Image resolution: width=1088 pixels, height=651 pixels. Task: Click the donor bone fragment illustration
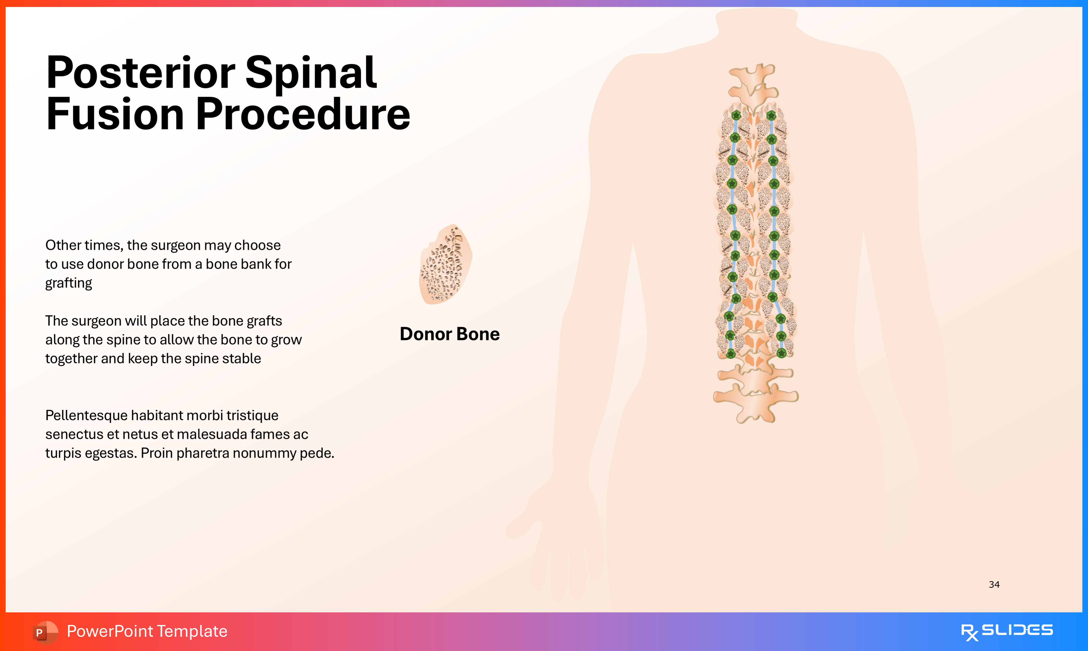[x=445, y=264]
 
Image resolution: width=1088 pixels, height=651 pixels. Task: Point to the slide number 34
[x=994, y=584]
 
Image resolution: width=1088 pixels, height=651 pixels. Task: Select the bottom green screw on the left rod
[x=731, y=354]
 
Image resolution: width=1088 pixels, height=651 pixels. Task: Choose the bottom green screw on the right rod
[x=781, y=353]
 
